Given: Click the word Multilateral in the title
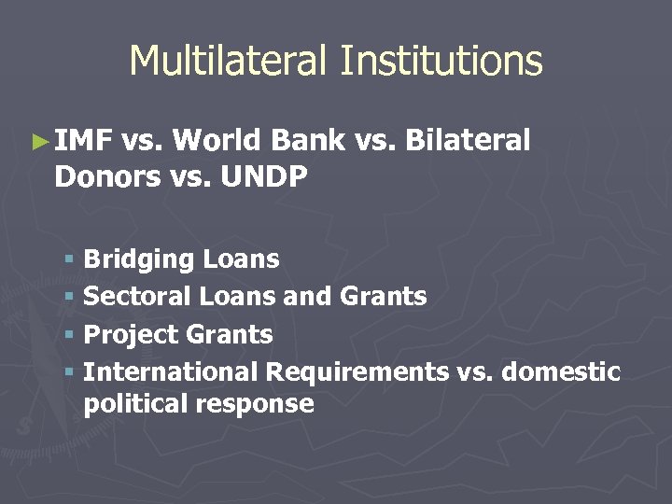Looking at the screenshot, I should point(230,62).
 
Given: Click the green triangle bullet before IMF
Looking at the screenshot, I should point(39,143).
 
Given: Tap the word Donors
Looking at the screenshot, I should point(107,176).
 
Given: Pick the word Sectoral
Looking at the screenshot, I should point(137,297).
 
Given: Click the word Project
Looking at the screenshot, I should point(132,334).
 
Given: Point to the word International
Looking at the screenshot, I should point(170,371).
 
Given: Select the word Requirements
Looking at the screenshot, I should point(357,371).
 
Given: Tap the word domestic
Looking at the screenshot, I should point(561,371).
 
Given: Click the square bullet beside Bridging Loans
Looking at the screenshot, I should point(70,259).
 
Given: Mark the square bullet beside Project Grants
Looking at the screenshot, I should point(70,334).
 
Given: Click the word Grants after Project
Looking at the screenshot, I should point(230,334).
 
